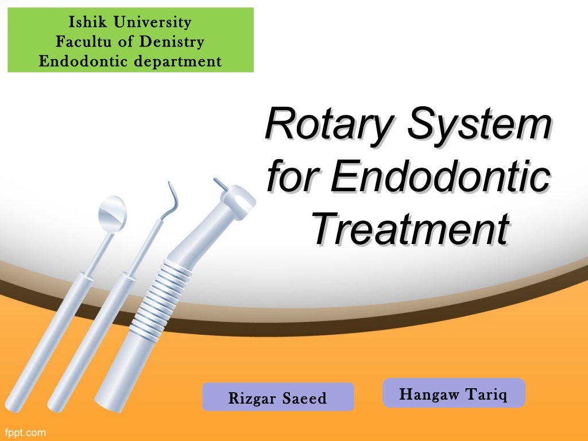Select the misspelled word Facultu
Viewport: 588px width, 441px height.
coord(80,42)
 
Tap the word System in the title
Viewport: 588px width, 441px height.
coord(479,124)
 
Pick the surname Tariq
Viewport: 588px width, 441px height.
coord(487,394)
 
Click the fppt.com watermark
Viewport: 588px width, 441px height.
coord(25,431)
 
